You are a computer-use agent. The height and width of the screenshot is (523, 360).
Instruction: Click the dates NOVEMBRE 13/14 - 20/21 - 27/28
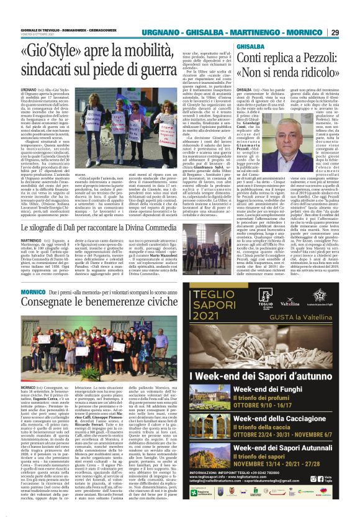coord(273,453)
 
